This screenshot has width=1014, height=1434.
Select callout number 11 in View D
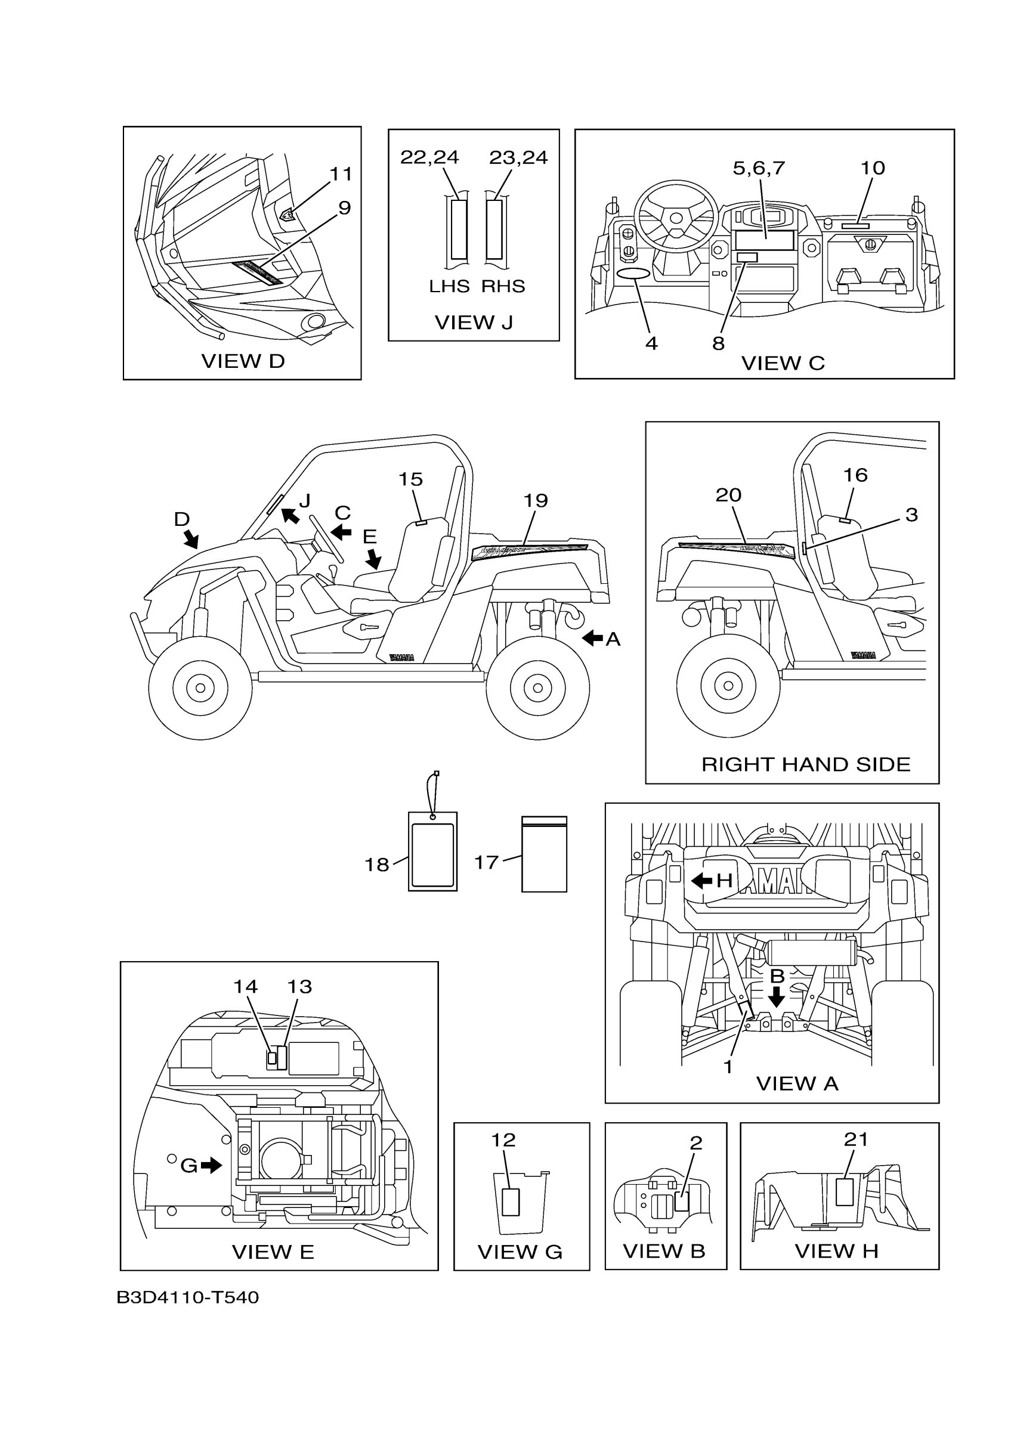point(341,174)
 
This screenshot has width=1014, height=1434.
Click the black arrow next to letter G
point(211,1165)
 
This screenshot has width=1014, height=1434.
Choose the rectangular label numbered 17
point(544,854)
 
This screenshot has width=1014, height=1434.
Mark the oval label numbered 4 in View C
point(633,274)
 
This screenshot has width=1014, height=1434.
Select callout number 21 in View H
point(856,1140)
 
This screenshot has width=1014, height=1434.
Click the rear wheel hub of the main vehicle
point(537,687)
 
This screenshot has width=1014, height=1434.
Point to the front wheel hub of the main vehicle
point(200,687)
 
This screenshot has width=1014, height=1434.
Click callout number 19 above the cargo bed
point(536,500)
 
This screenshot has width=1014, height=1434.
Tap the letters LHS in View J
point(449,286)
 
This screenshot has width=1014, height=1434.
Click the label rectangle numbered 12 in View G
point(511,1201)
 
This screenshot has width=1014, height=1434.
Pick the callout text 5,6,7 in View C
point(759,168)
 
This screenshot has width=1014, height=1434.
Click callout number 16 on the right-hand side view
point(855,475)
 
